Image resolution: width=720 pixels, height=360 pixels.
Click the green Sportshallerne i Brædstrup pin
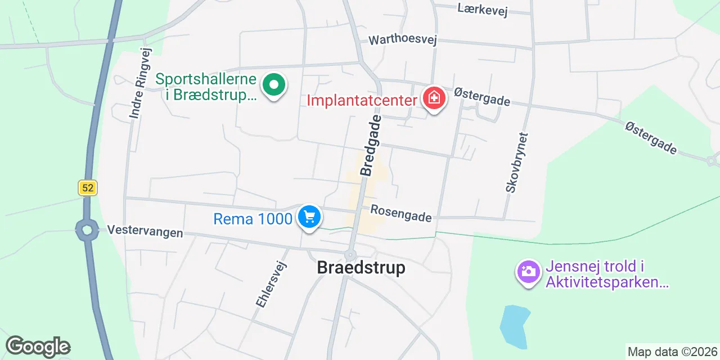click(274, 86)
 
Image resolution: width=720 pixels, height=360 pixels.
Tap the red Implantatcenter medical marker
click(434, 99)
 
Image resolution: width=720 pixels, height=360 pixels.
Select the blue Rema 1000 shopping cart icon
click(309, 217)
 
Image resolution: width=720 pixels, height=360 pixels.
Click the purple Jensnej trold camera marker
click(528, 272)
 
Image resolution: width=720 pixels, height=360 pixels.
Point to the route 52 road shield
click(88, 187)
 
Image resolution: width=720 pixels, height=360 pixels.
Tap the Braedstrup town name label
click(361, 268)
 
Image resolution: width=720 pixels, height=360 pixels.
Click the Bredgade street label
click(371, 145)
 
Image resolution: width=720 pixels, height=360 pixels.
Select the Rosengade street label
click(401, 213)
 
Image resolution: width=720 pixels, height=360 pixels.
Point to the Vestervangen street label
click(145, 231)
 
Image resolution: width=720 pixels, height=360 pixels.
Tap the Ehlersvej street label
click(272, 285)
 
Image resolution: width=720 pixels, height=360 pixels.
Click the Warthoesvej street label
click(402, 40)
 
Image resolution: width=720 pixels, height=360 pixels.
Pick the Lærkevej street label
click(483, 9)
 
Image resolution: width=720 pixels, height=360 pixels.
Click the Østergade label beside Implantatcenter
click(482, 96)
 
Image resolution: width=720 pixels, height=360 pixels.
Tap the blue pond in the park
click(514, 326)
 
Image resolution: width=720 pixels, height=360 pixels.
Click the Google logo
click(38, 347)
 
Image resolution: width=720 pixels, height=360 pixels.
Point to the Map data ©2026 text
click(673, 352)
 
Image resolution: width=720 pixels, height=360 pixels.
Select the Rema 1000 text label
click(253, 218)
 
